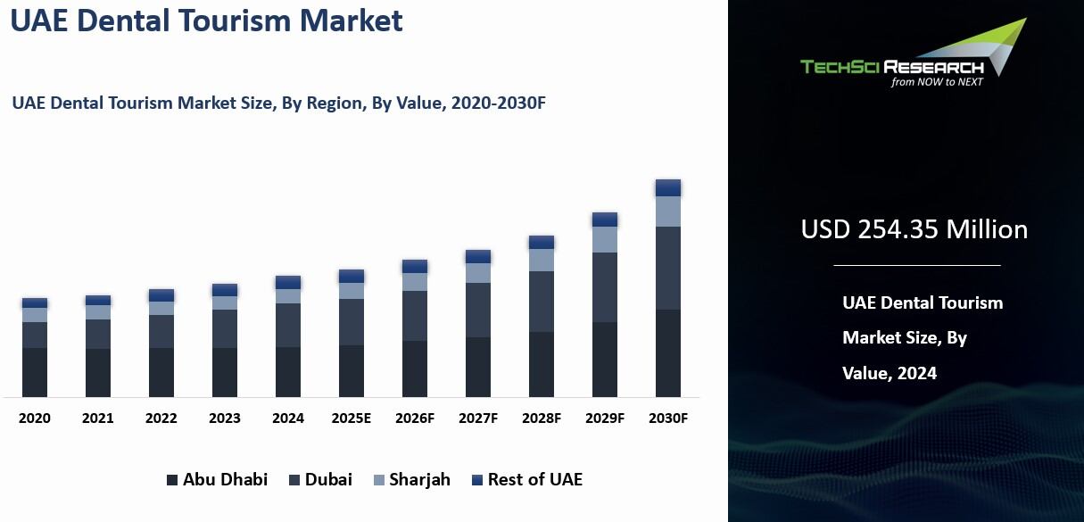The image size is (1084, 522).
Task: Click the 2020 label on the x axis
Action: (35, 418)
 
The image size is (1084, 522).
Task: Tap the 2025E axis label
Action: (352, 418)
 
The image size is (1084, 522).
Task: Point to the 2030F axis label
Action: (668, 418)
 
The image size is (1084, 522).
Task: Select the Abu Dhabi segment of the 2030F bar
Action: (668, 353)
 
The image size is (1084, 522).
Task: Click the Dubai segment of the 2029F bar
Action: (605, 287)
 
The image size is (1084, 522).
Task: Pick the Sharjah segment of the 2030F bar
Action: (668, 211)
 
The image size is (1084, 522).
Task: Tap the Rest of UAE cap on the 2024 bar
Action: (288, 282)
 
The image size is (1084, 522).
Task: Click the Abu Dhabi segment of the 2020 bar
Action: (35, 372)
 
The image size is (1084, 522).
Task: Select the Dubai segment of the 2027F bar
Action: (478, 310)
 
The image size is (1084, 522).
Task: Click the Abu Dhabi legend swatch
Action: (172, 480)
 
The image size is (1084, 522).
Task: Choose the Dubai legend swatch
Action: (294, 480)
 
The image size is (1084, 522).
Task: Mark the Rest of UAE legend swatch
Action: (477, 480)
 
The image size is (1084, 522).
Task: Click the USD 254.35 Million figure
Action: (914, 229)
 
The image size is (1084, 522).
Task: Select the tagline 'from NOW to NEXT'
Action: (937, 82)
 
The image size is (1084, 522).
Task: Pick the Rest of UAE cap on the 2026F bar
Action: (415, 266)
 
